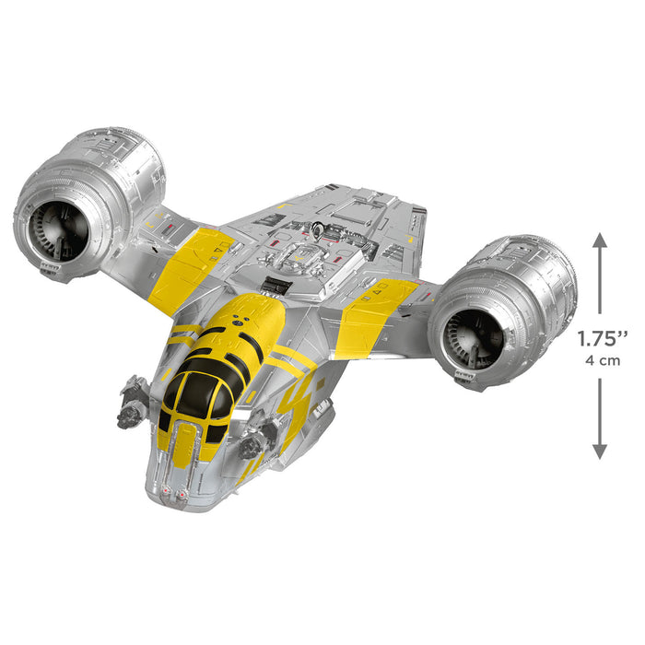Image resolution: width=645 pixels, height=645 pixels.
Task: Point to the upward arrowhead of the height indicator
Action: pyautogui.click(x=600, y=240)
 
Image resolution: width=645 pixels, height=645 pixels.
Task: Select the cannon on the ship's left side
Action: pyautogui.click(x=135, y=400)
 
